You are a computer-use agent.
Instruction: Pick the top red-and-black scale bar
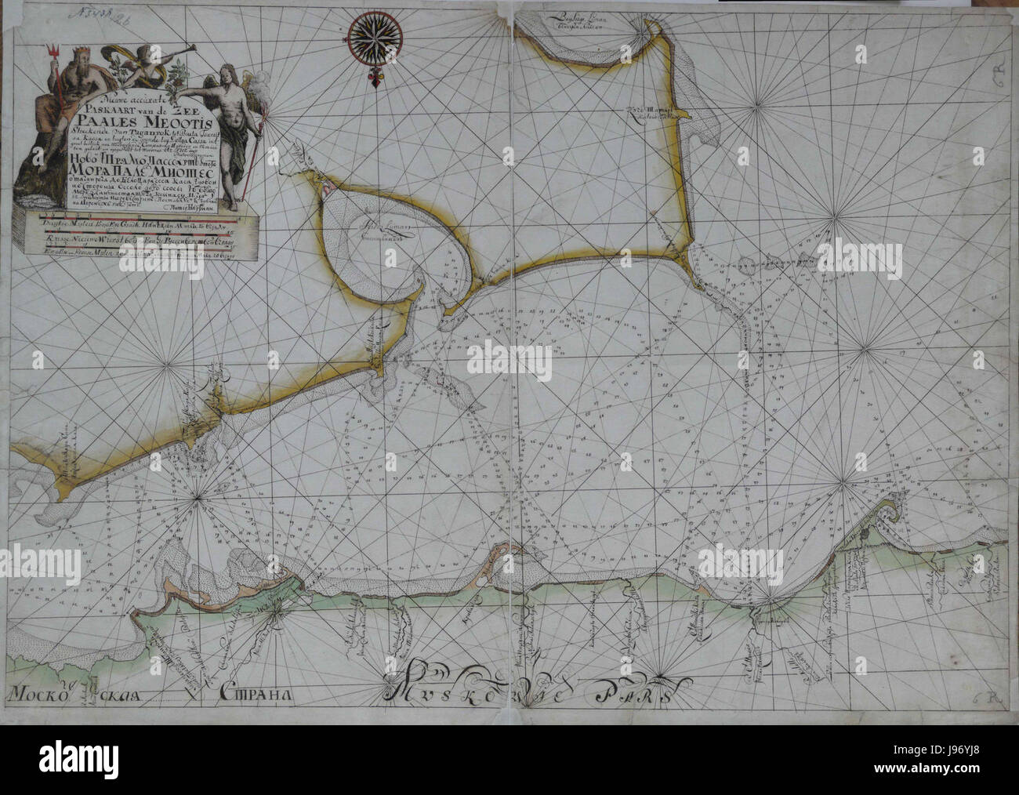click(137, 223)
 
